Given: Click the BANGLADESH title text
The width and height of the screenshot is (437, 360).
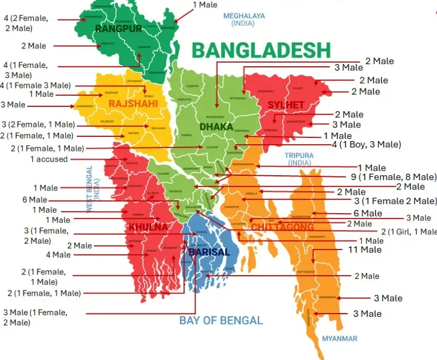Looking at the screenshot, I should click(x=261, y=51).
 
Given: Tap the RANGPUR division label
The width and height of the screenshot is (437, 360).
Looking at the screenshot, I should click(x=119, y=28).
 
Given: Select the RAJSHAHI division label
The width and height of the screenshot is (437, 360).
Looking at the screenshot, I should click(x=133, y=104).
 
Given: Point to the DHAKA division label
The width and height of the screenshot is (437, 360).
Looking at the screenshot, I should click(x=216, y=127).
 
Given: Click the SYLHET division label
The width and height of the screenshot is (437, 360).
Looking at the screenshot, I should click(x=286, y=105).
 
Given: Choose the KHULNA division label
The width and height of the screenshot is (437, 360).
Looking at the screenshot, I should click(x=148, y=227).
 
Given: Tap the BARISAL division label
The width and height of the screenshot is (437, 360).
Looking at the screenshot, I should click(x=209, y=252).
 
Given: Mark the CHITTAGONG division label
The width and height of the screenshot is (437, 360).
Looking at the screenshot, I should click(x=282, y=227).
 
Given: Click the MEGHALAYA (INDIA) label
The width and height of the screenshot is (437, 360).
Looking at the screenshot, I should click(x=244, y=20).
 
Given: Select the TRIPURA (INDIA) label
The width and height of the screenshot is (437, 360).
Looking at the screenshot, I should click(x=299, y=159).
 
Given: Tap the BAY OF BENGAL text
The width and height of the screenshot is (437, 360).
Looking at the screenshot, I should click(x=221, y=321).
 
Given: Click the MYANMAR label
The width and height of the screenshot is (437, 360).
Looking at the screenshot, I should click(x=340, y=338).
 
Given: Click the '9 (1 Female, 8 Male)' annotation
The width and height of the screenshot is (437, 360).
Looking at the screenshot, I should click(x=393, y=177).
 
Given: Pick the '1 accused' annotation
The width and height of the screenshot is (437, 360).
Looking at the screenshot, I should click(x=49, y=159).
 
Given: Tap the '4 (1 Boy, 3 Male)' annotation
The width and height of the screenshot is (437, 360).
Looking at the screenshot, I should click(x=366, y=144).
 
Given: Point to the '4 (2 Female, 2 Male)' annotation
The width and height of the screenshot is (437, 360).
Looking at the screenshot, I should click(x=26, y=23).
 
